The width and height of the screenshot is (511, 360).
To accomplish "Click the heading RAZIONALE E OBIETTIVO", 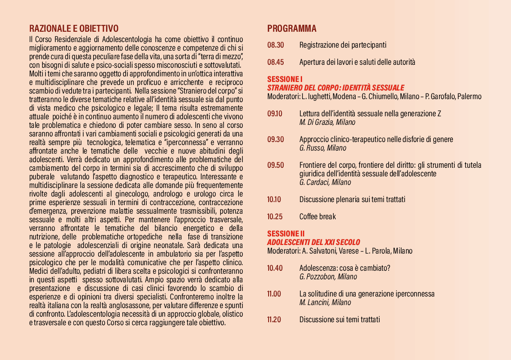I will (74, 29).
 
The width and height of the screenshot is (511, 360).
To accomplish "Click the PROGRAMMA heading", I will (292, 29).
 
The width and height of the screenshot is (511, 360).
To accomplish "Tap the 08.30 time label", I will (275, 45).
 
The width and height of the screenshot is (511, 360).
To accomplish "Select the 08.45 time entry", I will (275, 62).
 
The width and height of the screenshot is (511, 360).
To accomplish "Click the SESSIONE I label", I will (285, 79).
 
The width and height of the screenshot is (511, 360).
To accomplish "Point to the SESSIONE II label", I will (286, 234).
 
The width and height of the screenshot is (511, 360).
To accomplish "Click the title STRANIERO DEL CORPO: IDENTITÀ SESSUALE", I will (336, 88).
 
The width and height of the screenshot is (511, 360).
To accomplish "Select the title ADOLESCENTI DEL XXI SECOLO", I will (314, 242).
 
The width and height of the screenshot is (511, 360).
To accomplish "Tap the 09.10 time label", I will (275, 114).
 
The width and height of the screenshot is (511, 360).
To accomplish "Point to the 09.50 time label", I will (275, 165).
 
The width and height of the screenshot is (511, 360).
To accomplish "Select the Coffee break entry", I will (317, 217).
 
